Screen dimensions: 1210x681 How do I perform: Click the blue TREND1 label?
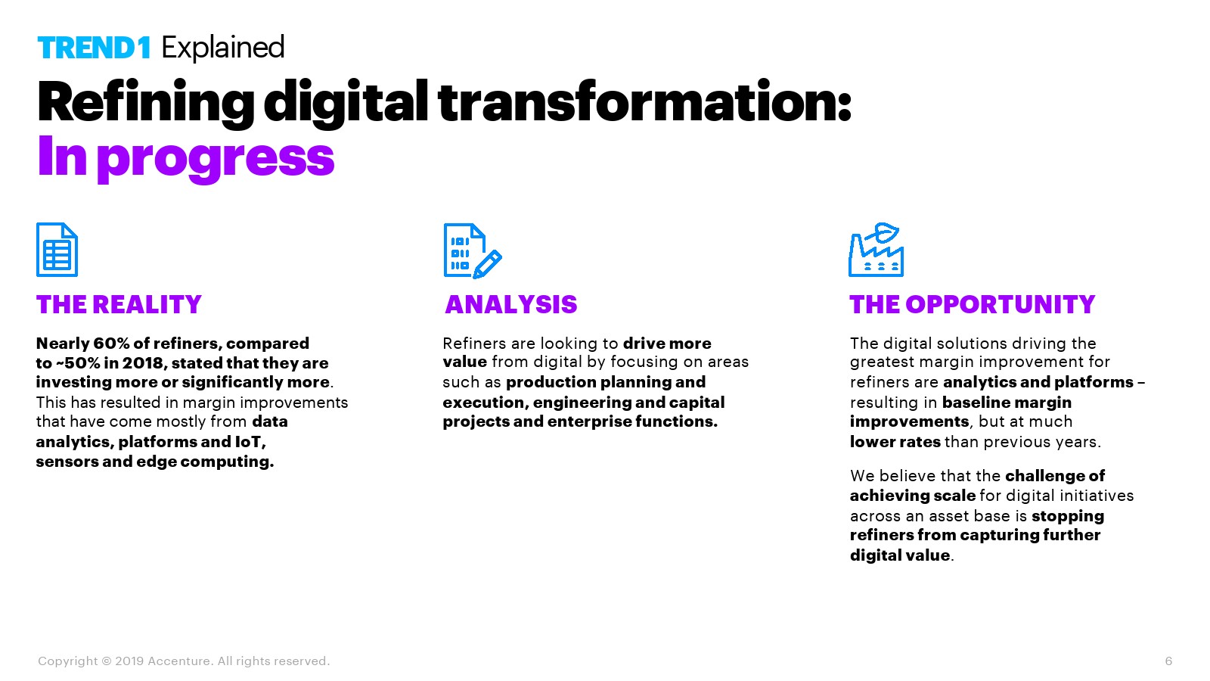pyautogui.click(x=94, y=48)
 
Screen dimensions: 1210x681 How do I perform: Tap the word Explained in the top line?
pyautogui.click(x=222, y=48)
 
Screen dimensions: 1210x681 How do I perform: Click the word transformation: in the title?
pyautogui.click(x=644, y=101)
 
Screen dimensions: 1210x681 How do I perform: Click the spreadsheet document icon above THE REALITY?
pyautogui.click(x=57, y=249)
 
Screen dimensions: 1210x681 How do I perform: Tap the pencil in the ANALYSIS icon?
pyautogui.click(x=488, y=264)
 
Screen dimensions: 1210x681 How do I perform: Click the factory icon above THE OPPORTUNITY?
pyautogui.click(x=876, y=250)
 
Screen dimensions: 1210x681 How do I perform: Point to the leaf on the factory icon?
pyautogui.click(x=884, y=232)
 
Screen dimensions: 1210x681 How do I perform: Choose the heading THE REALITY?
pyautogui.click(x=119, y=304)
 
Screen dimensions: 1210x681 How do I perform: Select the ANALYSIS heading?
pyautogui.click(x=511, y=304)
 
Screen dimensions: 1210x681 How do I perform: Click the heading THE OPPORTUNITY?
pyautogui.click(x=973, y=304)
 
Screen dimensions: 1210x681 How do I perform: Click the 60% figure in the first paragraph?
pyautogui.click(x=111, y=344)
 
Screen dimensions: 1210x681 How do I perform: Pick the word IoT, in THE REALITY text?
pyautogui.click(x=250, y=442)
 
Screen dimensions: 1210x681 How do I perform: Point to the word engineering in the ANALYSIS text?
pyautogui.click(x=582, y=403)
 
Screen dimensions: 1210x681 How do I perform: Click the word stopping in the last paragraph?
pyautogui.click(x=1068, y=516)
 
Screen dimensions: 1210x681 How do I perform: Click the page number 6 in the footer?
pyautogui.click(x=1168, y=661)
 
